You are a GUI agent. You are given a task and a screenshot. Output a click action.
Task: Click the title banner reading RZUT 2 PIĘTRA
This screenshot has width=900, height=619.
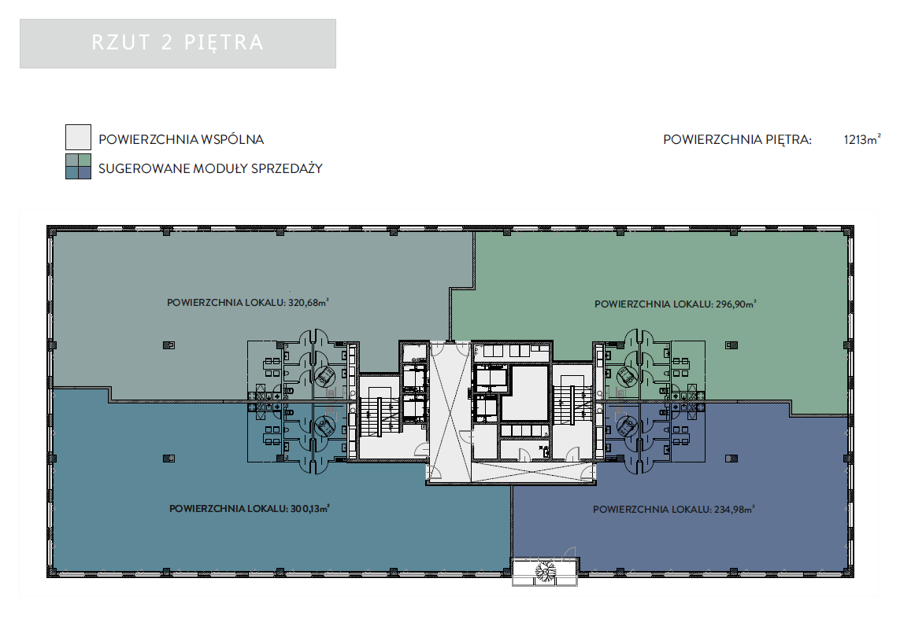click(x=178, y=43)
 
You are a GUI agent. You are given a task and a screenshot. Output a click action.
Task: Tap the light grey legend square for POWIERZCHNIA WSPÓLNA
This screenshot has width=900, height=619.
click(x=78, y=138)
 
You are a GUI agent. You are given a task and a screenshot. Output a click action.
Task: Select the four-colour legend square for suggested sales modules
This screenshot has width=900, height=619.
click(x=78, y=166)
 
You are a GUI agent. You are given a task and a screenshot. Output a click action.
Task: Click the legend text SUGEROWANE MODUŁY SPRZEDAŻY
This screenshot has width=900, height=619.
click(x=211, y=168)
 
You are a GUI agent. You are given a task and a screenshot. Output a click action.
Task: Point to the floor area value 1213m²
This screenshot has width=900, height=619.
click(x=862, y=139)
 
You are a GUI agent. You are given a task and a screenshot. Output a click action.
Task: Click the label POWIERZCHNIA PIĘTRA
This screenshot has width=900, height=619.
click(x=738, y=139)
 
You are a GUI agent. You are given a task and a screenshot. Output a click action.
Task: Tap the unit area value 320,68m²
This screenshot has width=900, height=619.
click(x=309, y=302)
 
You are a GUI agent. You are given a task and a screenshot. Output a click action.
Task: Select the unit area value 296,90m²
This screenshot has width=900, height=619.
click(x=736, y=304)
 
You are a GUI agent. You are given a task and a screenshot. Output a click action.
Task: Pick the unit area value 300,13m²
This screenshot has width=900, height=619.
click(x=310, y=508)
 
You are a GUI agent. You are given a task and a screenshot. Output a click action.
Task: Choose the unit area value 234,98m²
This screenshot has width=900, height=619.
click(x=734, y=509)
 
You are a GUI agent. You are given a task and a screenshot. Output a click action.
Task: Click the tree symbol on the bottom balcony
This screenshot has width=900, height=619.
click(x=546, y=571)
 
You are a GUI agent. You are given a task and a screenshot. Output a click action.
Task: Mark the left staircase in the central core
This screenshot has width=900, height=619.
click(x=379, y=416)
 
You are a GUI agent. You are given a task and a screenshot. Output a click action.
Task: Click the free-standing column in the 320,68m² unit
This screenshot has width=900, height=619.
click(x=169, y=345)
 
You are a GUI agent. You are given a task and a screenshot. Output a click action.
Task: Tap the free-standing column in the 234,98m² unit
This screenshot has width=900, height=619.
click(x=731, y=459)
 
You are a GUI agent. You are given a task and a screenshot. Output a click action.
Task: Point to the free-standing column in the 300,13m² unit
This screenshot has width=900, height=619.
click(x=169, y=459)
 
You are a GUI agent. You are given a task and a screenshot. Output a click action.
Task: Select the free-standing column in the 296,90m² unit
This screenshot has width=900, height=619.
click(x=731, y=345)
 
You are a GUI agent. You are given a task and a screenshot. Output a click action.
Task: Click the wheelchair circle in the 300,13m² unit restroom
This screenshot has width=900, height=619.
click(x=325, y=426)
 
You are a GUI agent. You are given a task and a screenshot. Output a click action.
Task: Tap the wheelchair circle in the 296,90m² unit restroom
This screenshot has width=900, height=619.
click(x=628, y=376)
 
